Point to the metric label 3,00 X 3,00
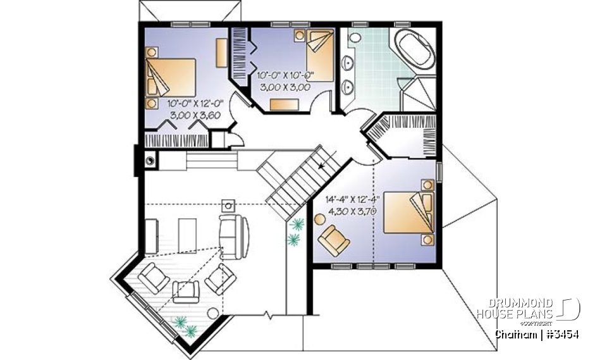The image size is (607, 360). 284,88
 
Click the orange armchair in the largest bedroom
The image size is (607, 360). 333,240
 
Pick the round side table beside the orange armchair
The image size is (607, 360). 319,219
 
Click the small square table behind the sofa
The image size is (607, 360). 228,204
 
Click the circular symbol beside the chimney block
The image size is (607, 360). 150,161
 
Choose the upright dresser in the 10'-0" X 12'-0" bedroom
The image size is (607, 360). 221,52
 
